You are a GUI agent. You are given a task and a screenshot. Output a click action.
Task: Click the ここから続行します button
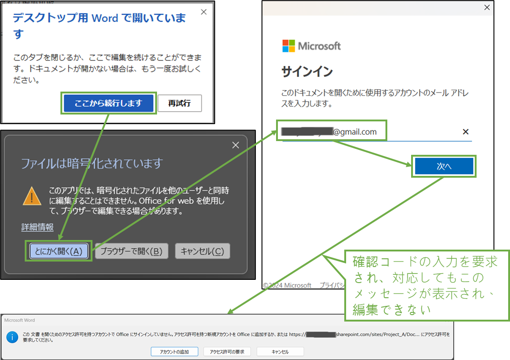(x=109, y=103)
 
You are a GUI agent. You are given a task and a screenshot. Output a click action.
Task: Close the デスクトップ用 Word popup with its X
(x=204, y=12)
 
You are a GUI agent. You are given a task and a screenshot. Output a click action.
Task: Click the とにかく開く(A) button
(x=59, y=251)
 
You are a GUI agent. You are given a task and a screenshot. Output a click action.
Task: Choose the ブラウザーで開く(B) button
(x=131, y=251)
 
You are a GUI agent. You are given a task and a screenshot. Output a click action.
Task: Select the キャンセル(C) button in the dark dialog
(x=202, y=251)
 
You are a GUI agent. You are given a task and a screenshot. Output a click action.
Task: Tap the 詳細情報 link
(x=38, y=227)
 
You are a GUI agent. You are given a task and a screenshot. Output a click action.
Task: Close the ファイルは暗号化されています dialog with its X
(x=235, y=145)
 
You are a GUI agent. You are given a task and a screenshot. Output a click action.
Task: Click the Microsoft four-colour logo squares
(x=288, y=46)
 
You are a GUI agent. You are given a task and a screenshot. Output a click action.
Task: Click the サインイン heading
(x=307, y=72)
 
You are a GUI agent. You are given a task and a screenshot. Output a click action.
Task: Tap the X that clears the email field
(x=466, y=132)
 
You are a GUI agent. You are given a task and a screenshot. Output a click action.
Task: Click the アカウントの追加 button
(x=175, y=352)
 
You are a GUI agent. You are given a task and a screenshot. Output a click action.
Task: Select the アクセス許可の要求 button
(x=227, y=352)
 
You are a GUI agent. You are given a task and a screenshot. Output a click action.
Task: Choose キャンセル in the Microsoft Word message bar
(x=280, y=352)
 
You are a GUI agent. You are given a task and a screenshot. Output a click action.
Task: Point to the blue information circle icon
(x=12, y=338)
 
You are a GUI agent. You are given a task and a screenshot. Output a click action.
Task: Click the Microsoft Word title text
(x=20, y=320)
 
